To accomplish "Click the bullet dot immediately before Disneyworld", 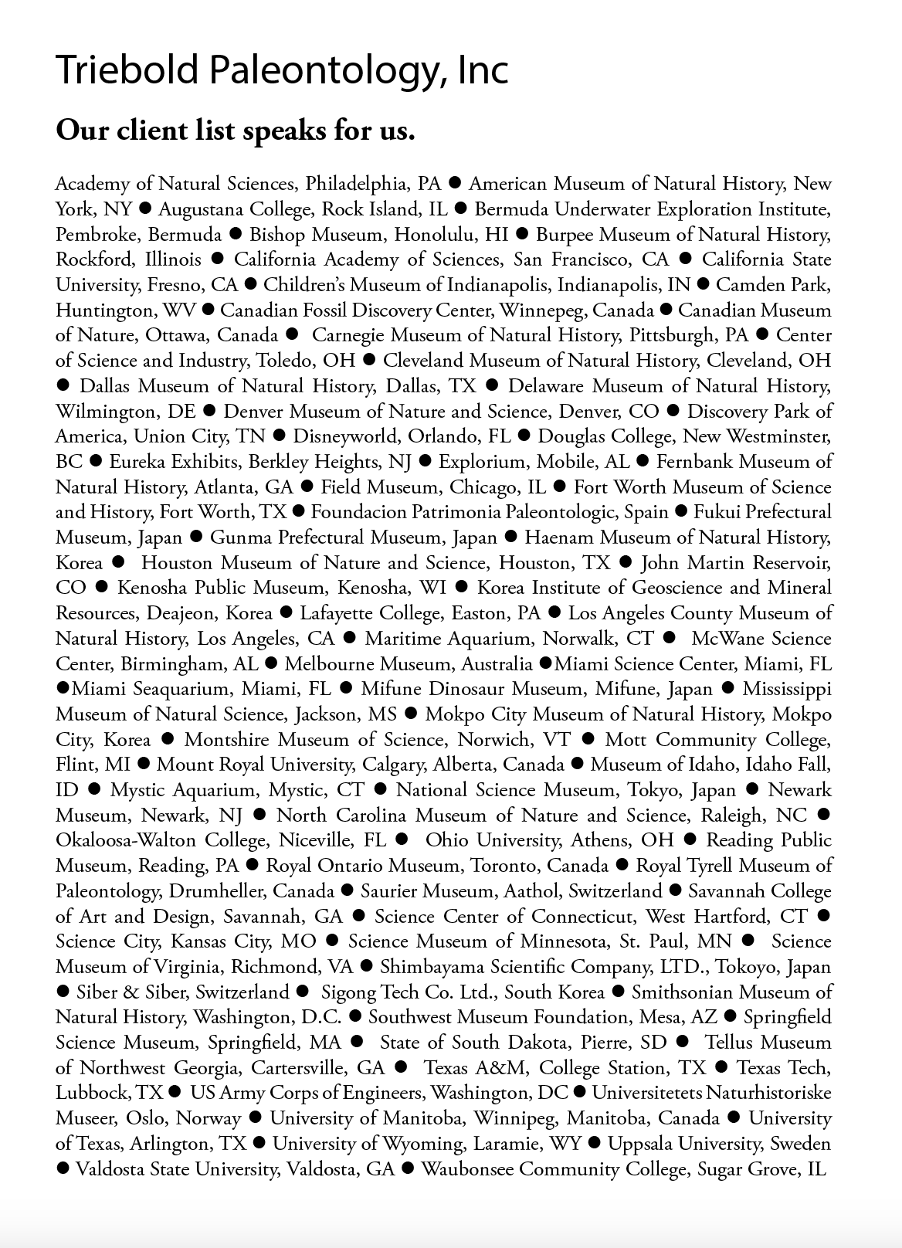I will click(x=280, y=436).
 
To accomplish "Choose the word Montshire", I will click(x=227, y=740).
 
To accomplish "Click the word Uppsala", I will click(x=638, y=1144).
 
